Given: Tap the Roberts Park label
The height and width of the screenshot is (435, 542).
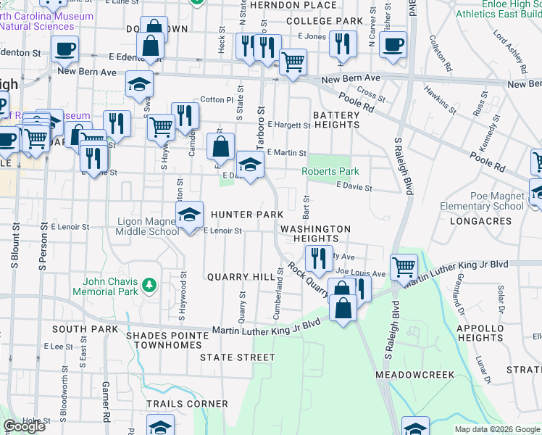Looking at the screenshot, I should click(x=330, y=172).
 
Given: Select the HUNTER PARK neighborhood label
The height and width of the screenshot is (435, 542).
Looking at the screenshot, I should click(x=246, y=215).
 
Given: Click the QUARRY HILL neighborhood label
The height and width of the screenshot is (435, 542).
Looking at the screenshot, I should click(x=241, y=277).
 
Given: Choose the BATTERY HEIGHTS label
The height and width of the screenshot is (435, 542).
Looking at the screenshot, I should click(x=335, y=120).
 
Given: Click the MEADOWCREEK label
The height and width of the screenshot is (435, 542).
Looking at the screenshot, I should click(x=414, y=375).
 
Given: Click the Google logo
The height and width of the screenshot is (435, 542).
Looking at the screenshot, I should click(x=24, y=426).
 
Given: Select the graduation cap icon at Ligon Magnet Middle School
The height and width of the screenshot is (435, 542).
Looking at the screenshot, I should click(x=190, y=215).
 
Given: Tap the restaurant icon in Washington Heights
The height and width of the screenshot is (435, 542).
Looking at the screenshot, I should click(x=318, y=257).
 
